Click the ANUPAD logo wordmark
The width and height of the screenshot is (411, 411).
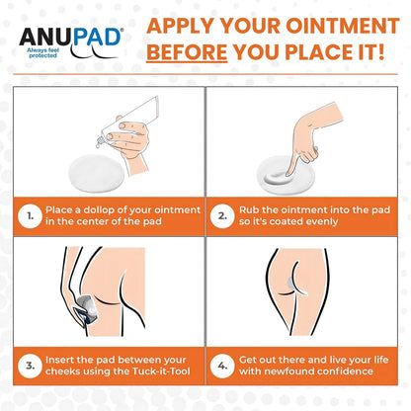tap(70, 37)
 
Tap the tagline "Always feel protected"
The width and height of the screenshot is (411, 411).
tap(42, 53)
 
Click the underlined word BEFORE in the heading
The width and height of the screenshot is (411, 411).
tap(187, 52)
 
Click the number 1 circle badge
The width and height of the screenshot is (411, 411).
tap(31, 216)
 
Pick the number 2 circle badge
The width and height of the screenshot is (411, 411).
tap(222, 216)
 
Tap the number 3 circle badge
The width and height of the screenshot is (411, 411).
tap(31, 366)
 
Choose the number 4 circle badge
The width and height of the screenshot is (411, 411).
tap(222, 366)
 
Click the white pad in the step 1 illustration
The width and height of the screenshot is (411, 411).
tap(96, 173)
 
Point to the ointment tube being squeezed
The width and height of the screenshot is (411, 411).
tap(129, 121)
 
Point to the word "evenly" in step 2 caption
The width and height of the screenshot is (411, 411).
tap(322, 221)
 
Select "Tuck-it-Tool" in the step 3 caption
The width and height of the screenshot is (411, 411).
tap(161, 371)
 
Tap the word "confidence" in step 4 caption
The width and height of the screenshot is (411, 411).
tap(345, 371)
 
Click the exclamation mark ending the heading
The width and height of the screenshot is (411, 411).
tap(381, 52)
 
